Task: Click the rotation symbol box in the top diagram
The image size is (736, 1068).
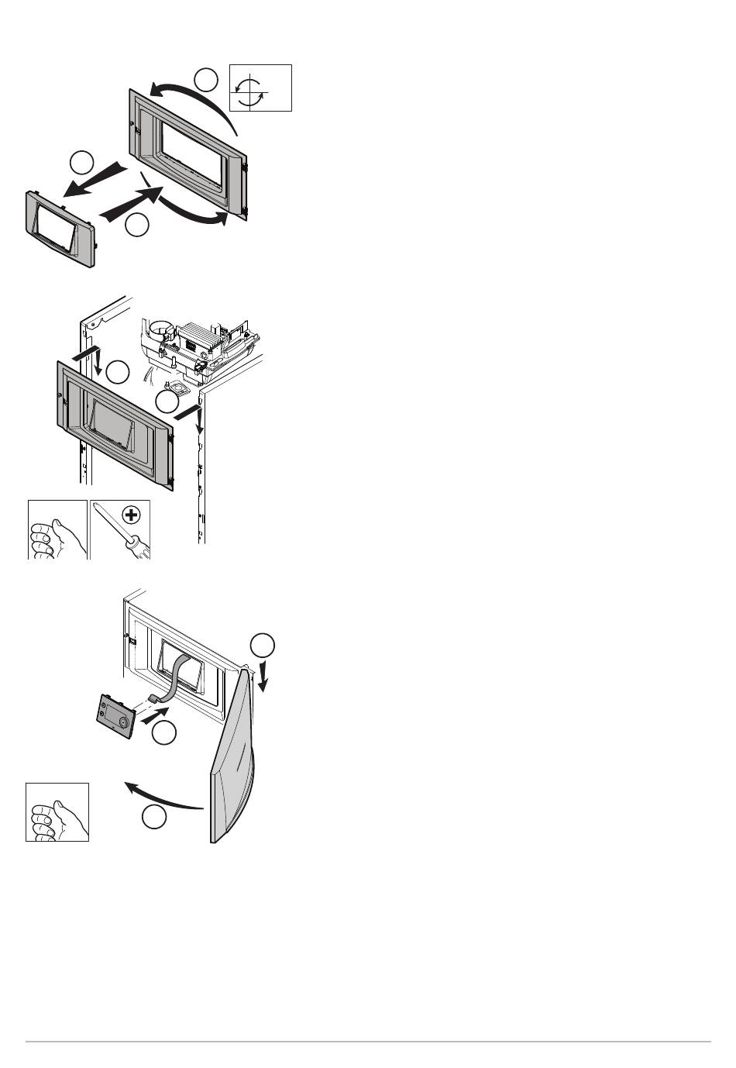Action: pyautogui.click(x=261, y=88)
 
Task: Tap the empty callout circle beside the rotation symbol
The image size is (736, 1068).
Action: pyautogui.click(x=206, y=80)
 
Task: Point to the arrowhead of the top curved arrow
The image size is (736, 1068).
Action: pyautogui.click(x=156, y=91)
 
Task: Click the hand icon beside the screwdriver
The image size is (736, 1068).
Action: pyautogui.click(x=57, y=529)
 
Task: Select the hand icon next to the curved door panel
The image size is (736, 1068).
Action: pyautogui.click(x=57, y=812)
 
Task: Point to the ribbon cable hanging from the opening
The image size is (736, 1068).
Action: pyautogui.click(x=178, y=674)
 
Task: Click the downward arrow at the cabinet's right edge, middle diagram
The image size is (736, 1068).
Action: pyautogui.click(x=199, y=422)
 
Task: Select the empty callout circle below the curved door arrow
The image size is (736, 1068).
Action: pyautogui.click(x=153, y=817)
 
